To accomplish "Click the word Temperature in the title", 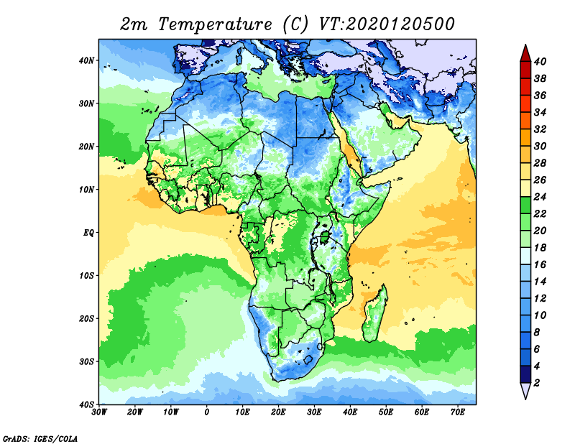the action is tap(215, 24).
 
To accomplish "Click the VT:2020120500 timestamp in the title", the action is tap(387, 24).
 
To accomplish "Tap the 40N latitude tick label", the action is tap(86, 60).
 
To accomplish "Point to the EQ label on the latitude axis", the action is tap(88, 233).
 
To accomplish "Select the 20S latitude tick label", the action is tap(86, 318).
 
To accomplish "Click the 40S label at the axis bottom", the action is tap(86, 404).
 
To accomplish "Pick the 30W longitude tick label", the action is tap(99, 412).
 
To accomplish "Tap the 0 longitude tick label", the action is tap(207, 412).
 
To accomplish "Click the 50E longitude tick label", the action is tap(386, 412).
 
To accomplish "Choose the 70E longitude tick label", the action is tap(458, 412).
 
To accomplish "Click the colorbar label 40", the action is tap(540, 61).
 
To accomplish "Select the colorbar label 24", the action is tap(540, 197).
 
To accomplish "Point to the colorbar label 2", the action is tap(537, 383).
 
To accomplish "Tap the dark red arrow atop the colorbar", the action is tap(525, 54).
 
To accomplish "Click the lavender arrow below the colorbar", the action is tap(525, 390).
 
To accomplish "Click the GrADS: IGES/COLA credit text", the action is tap(40, 438).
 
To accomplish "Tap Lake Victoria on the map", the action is tap(324, 237).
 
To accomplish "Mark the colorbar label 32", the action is tap(540, 129).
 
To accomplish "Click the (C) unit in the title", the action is tap(295, 24).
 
